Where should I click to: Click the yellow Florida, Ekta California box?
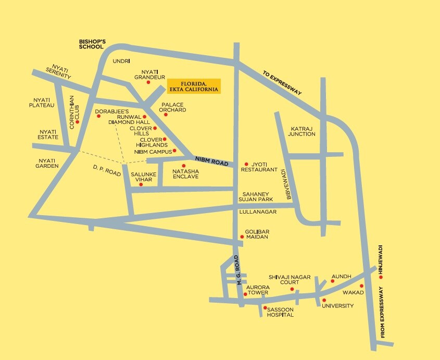[194, 86]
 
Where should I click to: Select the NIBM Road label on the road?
[211, 161]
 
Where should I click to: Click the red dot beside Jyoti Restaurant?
[246, 163]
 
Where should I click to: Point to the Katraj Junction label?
[303, 131]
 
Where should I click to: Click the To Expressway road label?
[282, 82]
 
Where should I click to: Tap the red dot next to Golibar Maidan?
[242, 237]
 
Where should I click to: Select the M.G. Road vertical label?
[238, 270]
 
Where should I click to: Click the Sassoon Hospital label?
[280, 312]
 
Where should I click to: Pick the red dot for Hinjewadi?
[381, 277]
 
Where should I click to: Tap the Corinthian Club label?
[74, 113]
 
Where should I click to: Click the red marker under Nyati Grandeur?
[148, 82]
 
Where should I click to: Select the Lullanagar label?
[255, 213]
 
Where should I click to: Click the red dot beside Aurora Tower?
[245, 294]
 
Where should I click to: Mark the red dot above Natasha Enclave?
[183, 165]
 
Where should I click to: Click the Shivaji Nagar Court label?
[284, 279]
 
